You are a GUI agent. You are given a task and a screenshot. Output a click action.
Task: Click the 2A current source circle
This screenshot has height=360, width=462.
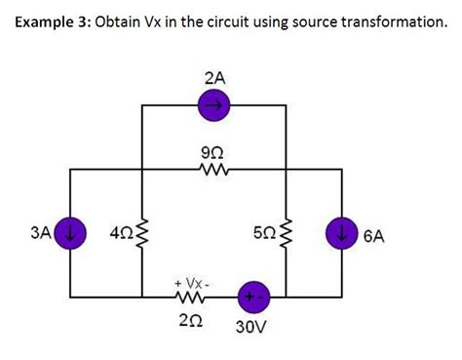pyautogui.click(x=215, y=104)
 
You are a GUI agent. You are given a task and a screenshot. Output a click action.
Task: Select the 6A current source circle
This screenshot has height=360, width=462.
pyautogui.click(x=342, y=234)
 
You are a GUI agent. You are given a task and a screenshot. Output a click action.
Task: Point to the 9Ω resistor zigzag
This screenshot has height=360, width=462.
pyautogui.click(x=215, y=170)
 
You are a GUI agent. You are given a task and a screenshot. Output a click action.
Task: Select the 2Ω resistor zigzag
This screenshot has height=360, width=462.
pyautogui.click(x=190, y=296)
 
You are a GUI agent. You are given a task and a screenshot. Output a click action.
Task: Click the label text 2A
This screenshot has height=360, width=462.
pyautogui.click(x=215, y=75)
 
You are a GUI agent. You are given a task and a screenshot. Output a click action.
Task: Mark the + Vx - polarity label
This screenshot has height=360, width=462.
pyautogui.click(x=190, y=276)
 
